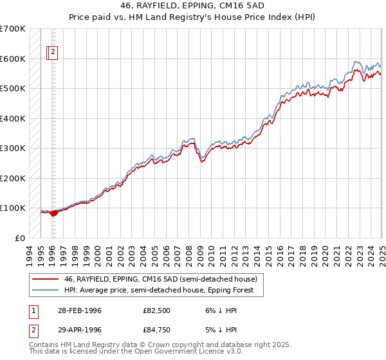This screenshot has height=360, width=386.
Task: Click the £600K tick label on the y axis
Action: (x=13, y=59)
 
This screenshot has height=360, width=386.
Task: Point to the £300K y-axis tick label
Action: (x=13, y=148)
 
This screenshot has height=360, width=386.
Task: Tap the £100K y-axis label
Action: (x=13, y=208)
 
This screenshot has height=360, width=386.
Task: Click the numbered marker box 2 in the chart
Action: (x=53, y=53)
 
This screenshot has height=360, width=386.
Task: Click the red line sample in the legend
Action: (x=44, y=279)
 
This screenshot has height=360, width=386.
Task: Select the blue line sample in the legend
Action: (x=44, y=290)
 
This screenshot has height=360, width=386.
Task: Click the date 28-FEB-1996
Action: (x=79, y=310)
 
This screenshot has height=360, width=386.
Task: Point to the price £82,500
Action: (x=156, y=310)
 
